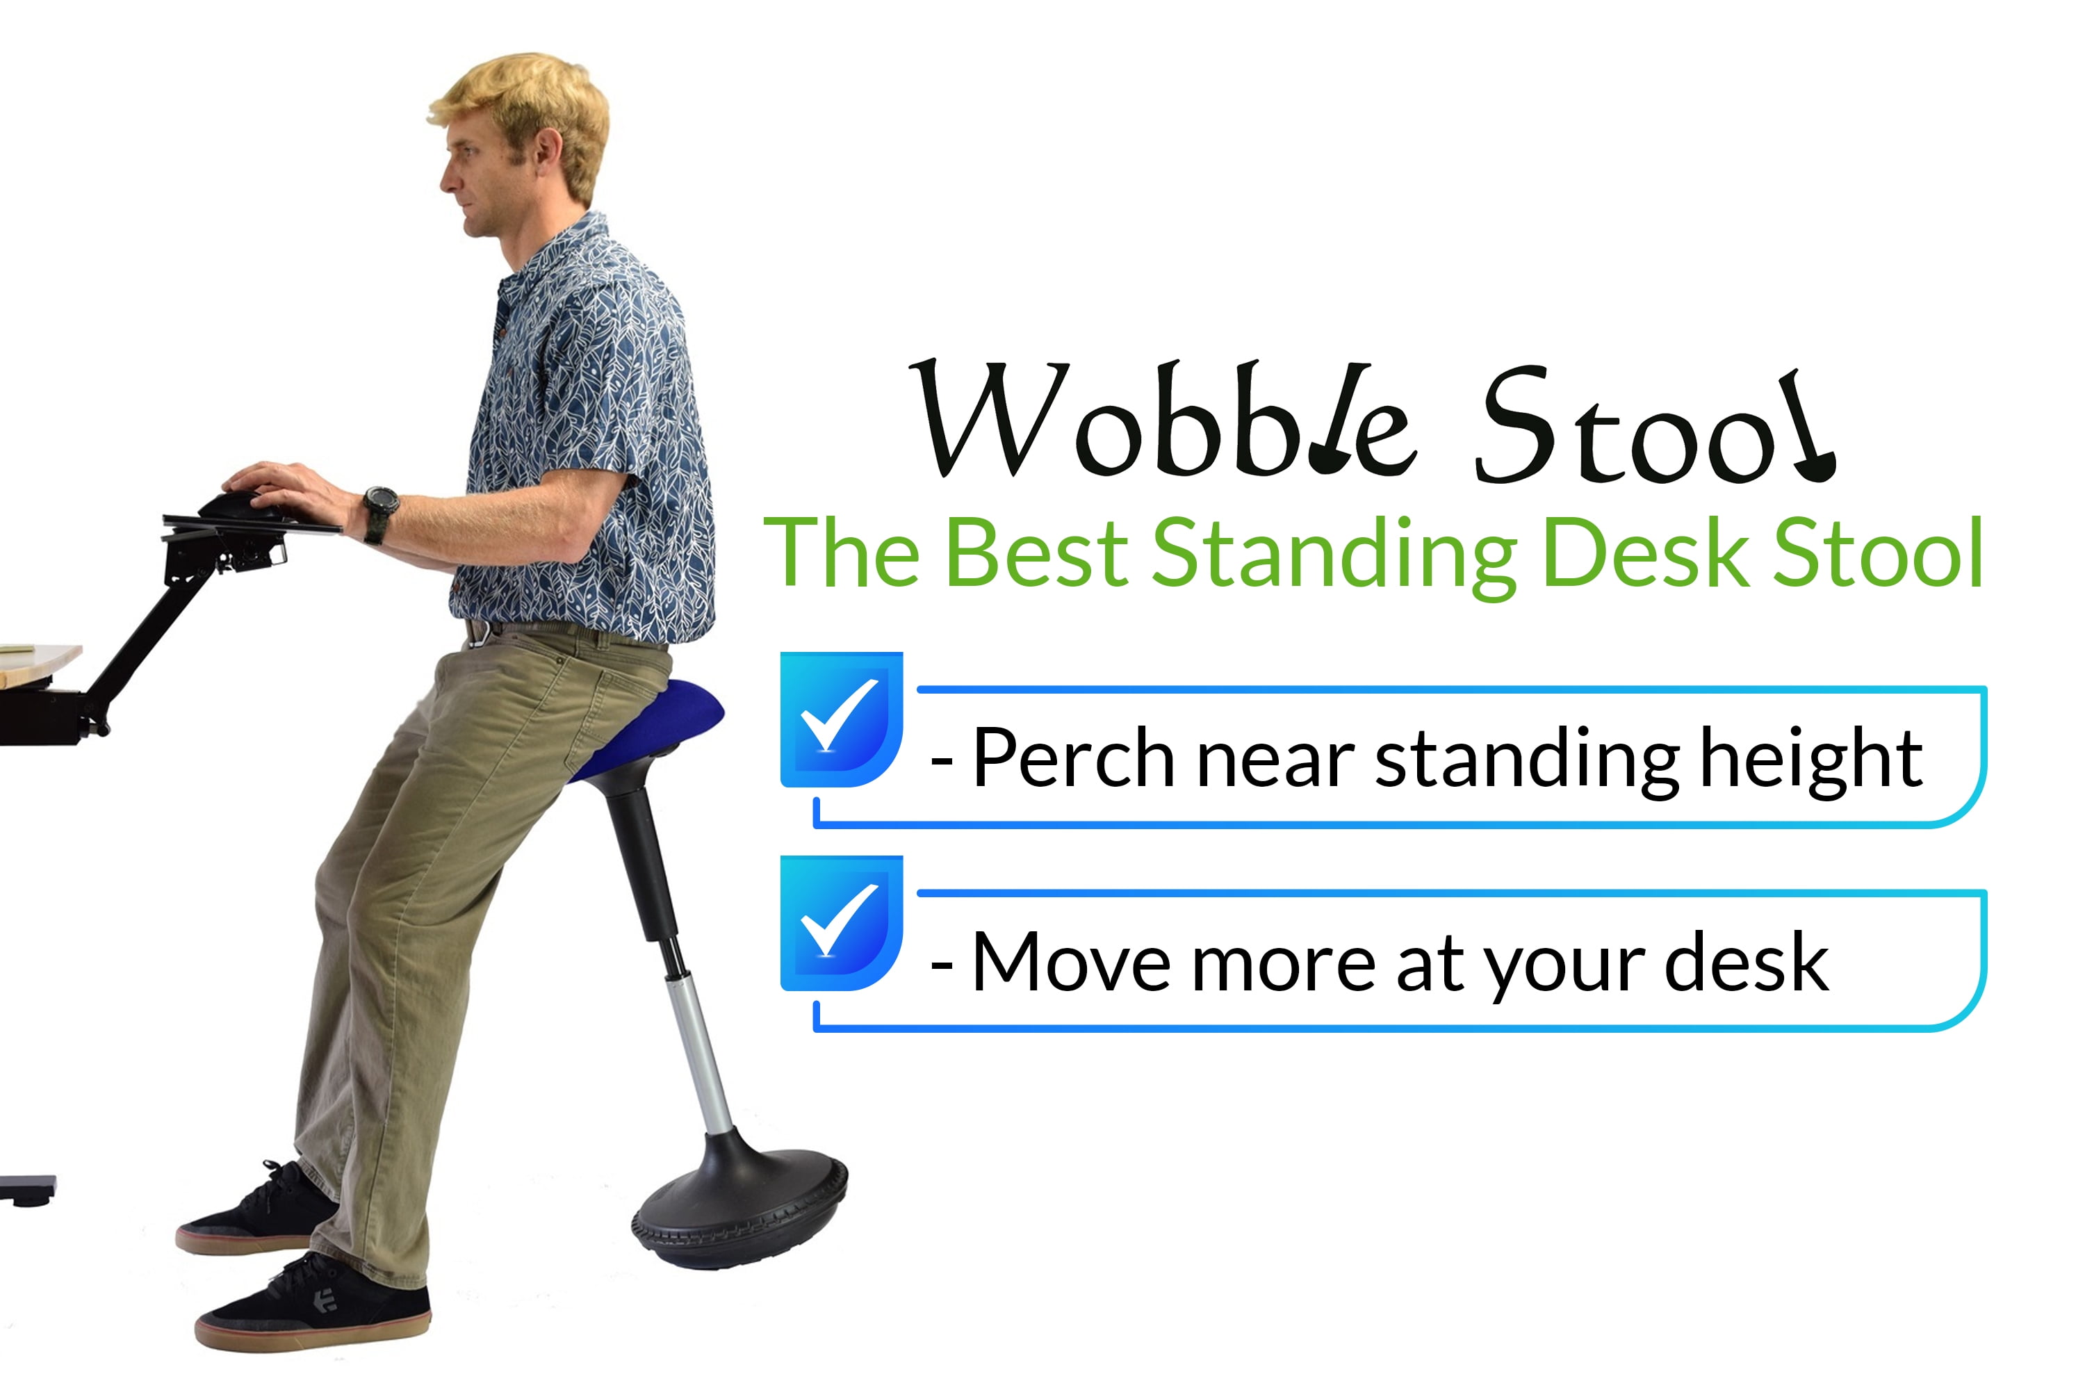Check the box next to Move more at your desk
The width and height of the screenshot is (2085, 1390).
(840, 923)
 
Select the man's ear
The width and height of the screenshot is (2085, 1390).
(548, 151)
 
